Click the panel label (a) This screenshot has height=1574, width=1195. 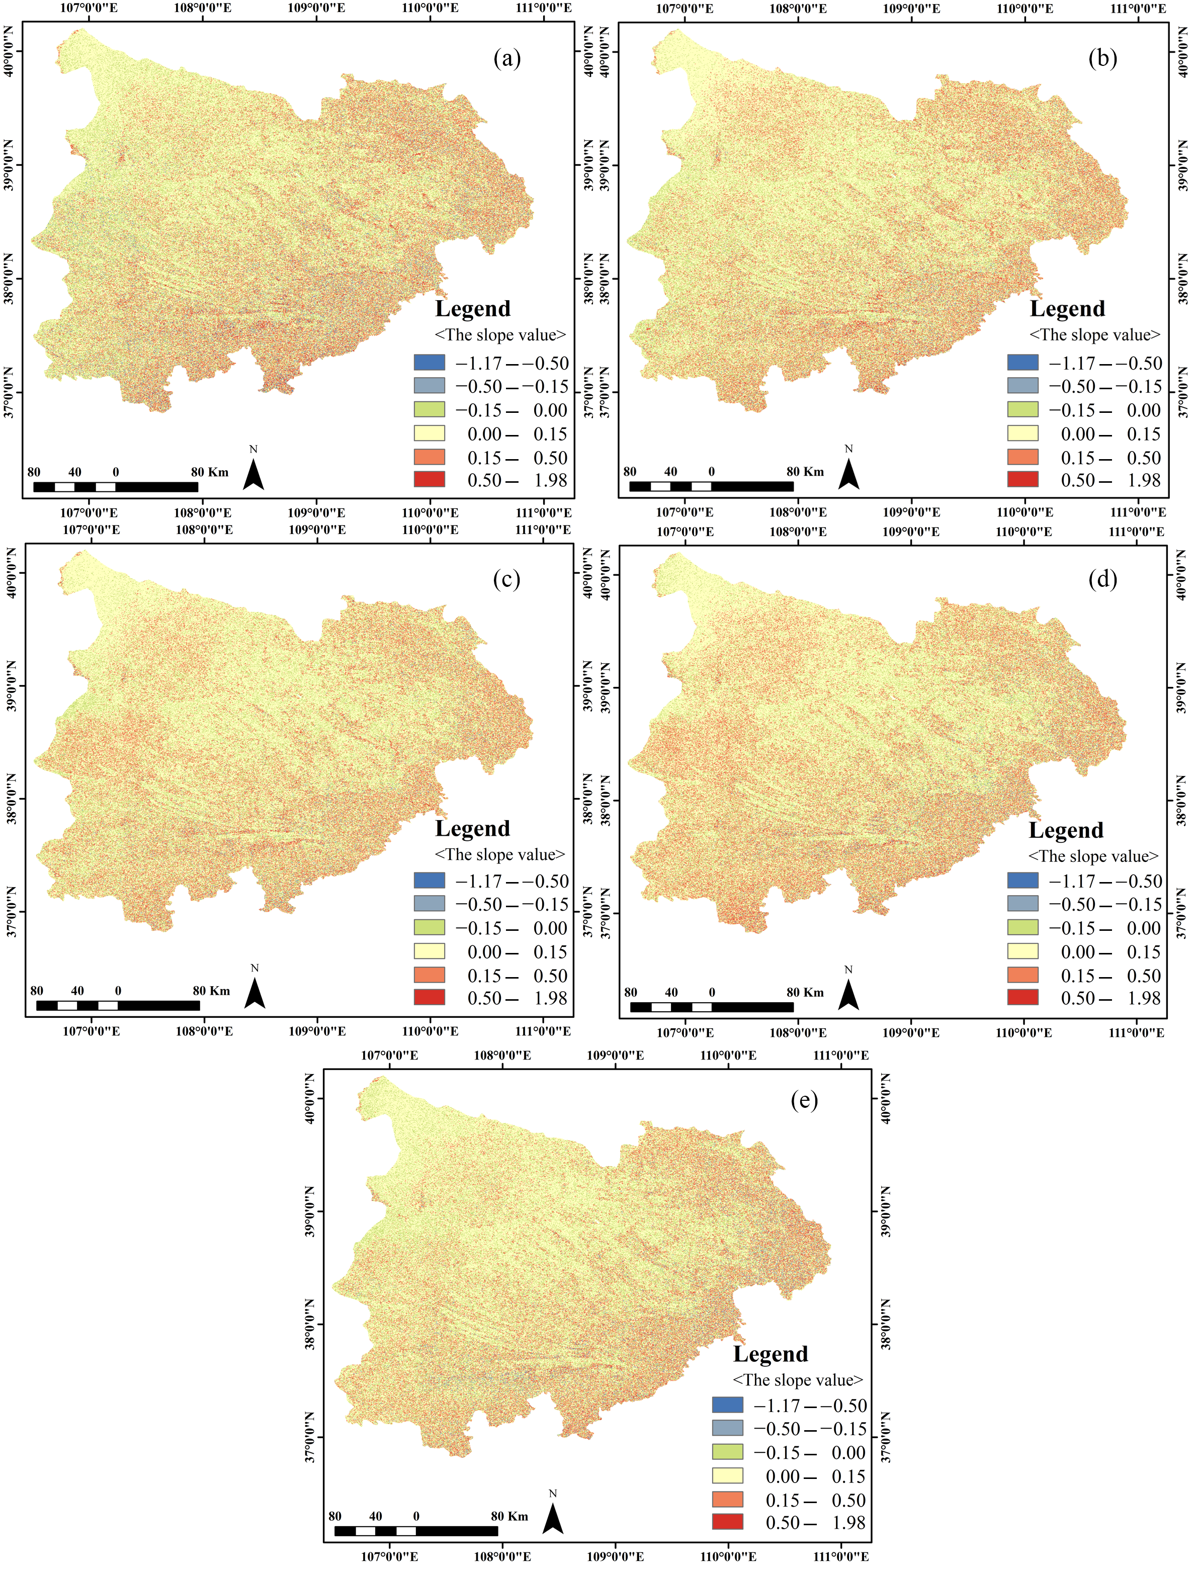click(x=507, y=58)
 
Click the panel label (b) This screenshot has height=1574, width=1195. click(x=1102, y=58)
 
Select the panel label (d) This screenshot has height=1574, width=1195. click(x=1102, y=579)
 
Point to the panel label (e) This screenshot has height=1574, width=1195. click(x=804, y=1100)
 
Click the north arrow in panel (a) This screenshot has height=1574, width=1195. click(x=253, y=473)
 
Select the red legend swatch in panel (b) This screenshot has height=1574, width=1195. click(x=1023, y=480)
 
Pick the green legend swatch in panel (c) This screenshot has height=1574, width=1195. click(x=429, y=927)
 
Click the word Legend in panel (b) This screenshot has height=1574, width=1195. click(x=1067, y=309)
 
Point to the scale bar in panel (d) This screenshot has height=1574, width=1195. click(x=712, y=1007)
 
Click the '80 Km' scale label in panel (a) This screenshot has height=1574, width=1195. click(x=209, y=472)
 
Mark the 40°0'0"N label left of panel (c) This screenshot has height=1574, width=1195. click(x=10, y=573)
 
